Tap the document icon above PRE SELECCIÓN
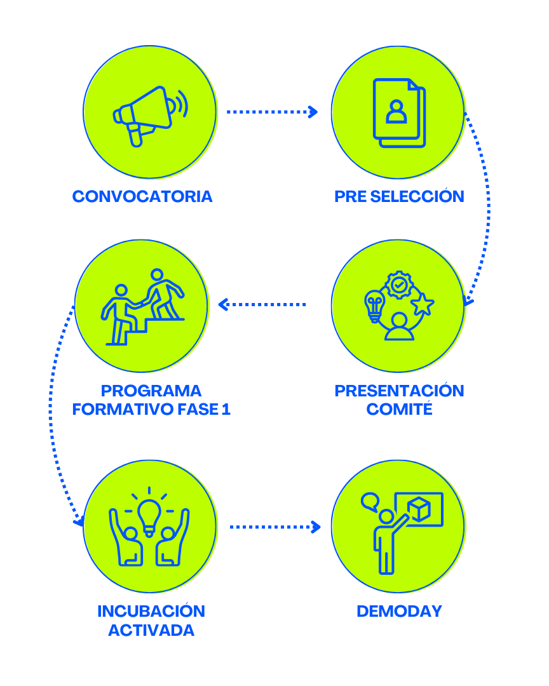398,112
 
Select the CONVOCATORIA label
142,196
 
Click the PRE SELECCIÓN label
399,196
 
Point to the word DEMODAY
399,611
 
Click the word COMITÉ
399,409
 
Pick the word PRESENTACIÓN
399,390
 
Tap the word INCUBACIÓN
151,611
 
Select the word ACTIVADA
151,630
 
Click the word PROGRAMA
151,390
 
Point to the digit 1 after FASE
226,409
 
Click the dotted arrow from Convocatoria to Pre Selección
272,112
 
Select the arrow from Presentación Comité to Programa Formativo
262,305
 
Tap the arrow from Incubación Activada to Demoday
275,527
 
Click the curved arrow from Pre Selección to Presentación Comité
486,203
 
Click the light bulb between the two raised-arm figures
149,514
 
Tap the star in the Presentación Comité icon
422,304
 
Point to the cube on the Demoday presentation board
419,509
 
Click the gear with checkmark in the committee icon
399,285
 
